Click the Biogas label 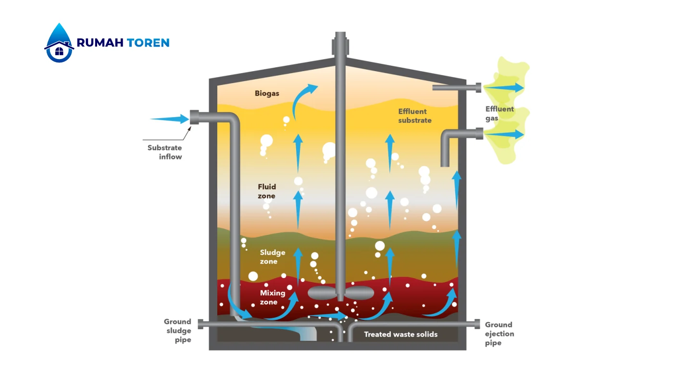(267, 93)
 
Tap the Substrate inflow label (164, 152)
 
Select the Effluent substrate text (415, 116)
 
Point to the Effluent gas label (499, 113)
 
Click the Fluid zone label (267, 191)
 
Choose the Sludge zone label (272, 256)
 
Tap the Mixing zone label (272, 297)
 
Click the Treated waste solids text (400, 334)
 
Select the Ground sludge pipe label (177, 330)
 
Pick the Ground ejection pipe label (499, 334)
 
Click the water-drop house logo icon (59, 43)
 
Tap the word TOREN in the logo (148, 43)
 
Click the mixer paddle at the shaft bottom (340, 292)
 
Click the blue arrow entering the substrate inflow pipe (169, 119)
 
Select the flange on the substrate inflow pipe (195, 118)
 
